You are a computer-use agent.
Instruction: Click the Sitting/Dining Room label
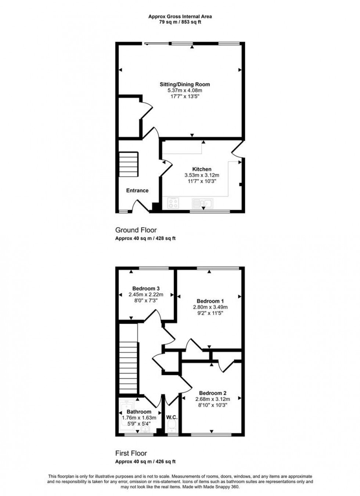pos(185,84)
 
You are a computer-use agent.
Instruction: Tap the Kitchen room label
pos(202,169)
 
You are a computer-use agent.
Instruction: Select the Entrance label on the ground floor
pos(137,191)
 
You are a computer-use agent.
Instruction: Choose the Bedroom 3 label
pos(146,289)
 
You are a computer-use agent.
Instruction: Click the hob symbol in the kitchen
pos(173,203)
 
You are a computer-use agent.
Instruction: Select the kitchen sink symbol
pos(202,203)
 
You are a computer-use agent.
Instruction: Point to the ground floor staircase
pos(128,165)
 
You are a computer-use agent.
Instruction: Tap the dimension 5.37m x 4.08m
pos(185,90)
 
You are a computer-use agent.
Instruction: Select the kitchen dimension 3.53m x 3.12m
pos(202,175)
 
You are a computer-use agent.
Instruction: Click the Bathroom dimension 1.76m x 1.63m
pos(139,418)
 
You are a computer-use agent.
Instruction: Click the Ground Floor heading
pos(136,230)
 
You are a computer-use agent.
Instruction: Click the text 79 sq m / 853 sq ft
pos(180,22)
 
